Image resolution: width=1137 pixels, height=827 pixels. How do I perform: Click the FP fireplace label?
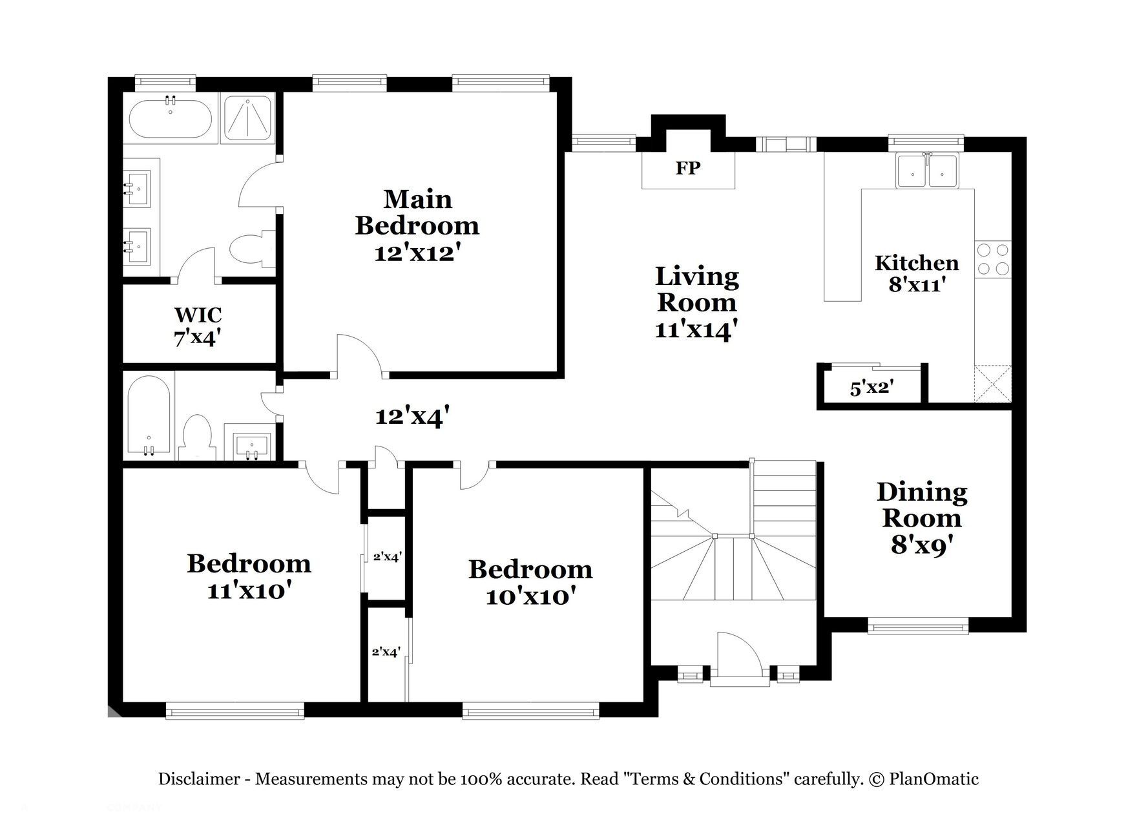(688, 168)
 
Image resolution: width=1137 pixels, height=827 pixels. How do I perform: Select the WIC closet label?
(198, 315)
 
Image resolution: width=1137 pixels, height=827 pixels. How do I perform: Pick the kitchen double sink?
(928, 171)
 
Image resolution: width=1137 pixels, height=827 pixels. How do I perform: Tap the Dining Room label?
(922, 505)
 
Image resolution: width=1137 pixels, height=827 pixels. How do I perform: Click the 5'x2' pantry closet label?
(871, 388)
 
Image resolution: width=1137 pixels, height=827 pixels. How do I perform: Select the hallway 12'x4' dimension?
(412, 416)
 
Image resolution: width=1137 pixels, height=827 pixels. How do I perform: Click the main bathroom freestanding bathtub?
(171, 117)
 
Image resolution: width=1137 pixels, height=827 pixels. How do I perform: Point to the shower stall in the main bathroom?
(247, 117)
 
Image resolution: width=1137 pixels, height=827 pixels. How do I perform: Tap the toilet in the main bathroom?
(253, 249)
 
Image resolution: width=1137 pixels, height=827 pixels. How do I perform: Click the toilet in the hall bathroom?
(196, 437)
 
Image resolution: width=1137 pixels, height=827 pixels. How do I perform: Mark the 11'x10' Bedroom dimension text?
(249, 590)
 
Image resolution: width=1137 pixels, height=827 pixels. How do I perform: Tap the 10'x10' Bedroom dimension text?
(530, 596)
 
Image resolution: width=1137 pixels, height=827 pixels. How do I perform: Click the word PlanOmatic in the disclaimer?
(934, 779)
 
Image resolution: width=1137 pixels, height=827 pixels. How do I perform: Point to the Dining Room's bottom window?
(918, 625)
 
